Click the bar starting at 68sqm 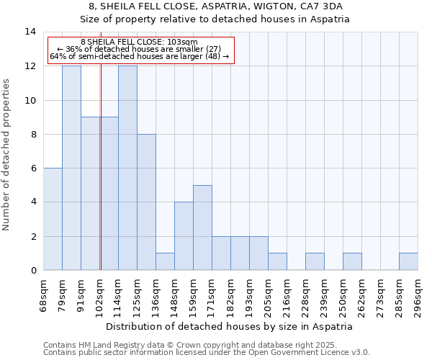53,219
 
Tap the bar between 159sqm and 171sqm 202,228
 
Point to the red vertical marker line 101,180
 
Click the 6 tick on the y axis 32,168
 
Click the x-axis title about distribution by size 234,326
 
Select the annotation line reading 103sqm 139,42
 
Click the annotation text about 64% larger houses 139,56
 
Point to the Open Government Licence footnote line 207,353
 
